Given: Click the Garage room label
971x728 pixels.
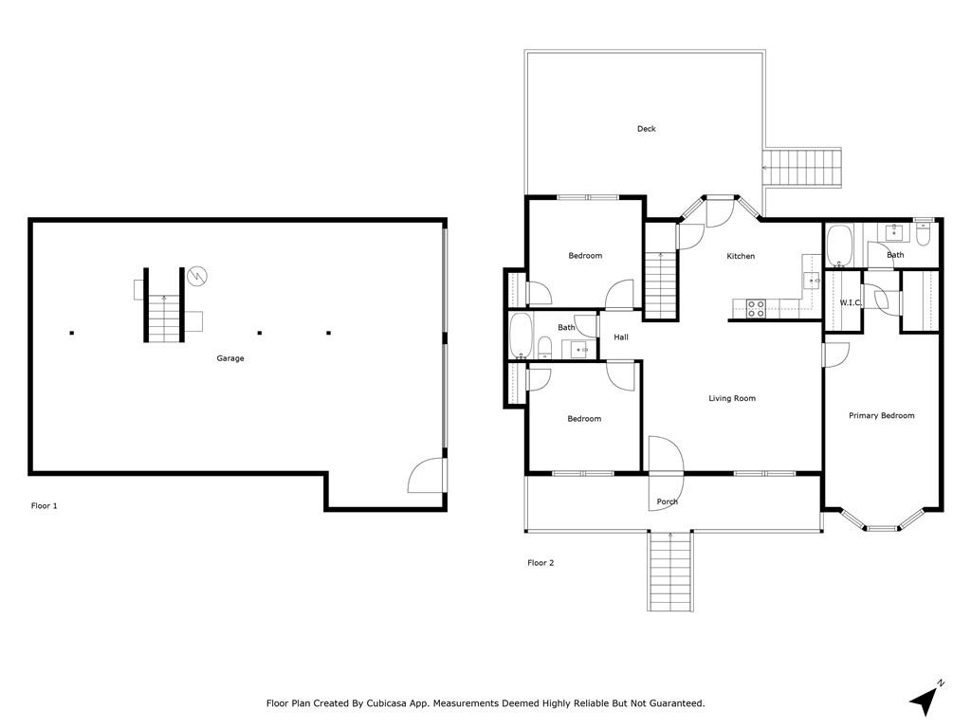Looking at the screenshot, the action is [x=230, y=358].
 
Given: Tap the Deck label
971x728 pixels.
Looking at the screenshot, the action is [x=647, y=129].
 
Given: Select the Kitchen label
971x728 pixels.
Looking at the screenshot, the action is [x=741, y=256].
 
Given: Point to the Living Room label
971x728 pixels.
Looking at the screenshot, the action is [x=732, y=398].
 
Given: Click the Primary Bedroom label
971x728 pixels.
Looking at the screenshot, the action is [x=881, y=415].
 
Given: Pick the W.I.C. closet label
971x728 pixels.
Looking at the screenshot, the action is [x=851, y=302].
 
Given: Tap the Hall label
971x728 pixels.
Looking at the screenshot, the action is [x=621, y=337].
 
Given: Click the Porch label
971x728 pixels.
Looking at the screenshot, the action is [x=667, y=501].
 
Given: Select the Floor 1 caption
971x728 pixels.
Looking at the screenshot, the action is [x=44, y=506].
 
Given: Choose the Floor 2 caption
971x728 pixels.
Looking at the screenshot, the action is [x=540, y=563].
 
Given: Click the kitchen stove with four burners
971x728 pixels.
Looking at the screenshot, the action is [x=756, y=309].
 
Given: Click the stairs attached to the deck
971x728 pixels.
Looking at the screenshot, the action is [x=802, y=168].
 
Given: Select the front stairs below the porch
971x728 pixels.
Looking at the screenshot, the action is [x=670, y=572].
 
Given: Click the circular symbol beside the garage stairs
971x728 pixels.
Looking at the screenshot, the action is [x=197, y=276].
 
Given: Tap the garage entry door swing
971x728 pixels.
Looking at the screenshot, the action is [x=426, y=475].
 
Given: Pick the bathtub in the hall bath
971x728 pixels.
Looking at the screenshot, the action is [x=521, y=337].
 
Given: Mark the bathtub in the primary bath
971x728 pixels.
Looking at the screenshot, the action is [x=840, y=246].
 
